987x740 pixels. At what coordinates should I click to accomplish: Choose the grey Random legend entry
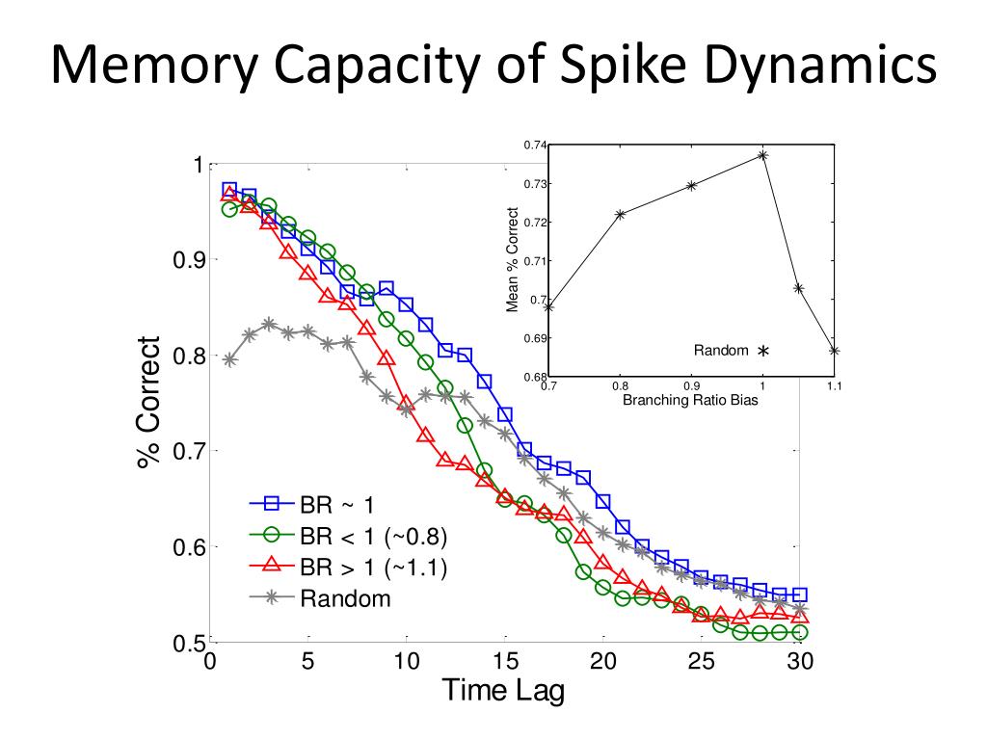pyautogui.click(x=345, y=598)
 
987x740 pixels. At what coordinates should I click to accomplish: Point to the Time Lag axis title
pyautogui.click(x=502, y=690)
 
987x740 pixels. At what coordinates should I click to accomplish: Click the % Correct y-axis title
pyautogui.click(x=149, y=402)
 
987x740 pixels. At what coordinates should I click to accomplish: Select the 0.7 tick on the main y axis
pyautogui.click(x=185, y=451)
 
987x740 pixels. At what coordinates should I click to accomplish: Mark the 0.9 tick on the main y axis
pyautogui.click(x=185, y=260)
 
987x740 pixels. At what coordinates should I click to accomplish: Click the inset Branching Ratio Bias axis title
pyautogui.click(x=690, y=400)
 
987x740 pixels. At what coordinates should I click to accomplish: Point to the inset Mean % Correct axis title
pyautogui.click(x=513, y=260)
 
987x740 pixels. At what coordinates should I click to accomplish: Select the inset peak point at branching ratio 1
pyautogui.click(x=762, y=155)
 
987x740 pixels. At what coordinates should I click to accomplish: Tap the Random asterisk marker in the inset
pyautogui.click(x=762, y=353)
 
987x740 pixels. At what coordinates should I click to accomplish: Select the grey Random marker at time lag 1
pyautogui.click(x=229, y=360)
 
